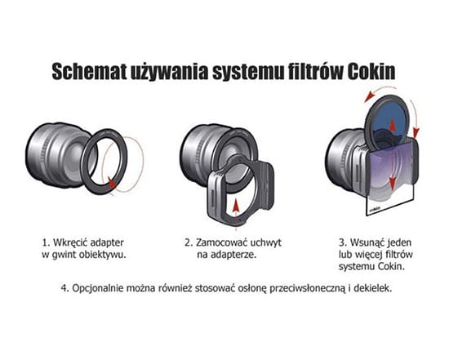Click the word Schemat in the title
click(x=90, y=71)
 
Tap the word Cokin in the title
click(x=371, y=71)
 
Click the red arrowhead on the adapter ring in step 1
click(x=113, y=182)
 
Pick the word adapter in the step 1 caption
click(x=107, y=243)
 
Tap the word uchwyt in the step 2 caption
click(x=266, y=242)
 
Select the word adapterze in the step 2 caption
click(x=233, y=255)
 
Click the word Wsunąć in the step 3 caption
click(x=367, y=242)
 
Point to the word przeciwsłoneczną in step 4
click(x=308, y=288)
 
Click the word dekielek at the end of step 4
click(x=373, y=288)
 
